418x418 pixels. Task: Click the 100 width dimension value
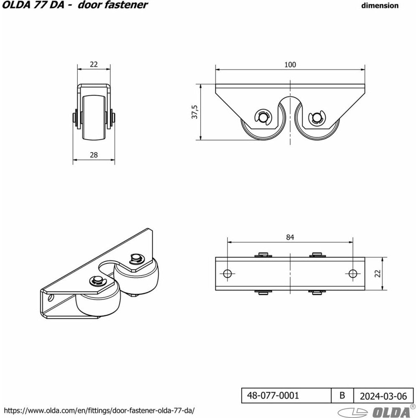click(x=290, y=65)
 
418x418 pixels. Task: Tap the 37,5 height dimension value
click(x=195, y=112)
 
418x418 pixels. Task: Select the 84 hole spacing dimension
click(x=290, y=237)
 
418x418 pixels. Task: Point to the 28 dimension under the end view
click(x=94, y=155)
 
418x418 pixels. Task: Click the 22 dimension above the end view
click(x=94, y=64)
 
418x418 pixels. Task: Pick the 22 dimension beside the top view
click(x=378, y=274)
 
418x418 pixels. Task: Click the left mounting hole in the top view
click(x=227, y=273)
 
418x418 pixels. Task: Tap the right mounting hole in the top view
click(x=353, y=273)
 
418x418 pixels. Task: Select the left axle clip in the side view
click(x=263, y=117)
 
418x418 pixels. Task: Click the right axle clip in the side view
click(x=316, y=117)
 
